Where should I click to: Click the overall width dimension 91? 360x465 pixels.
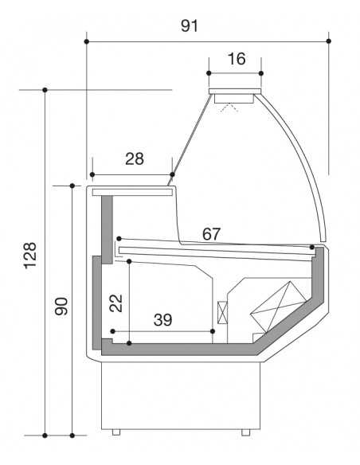(189, 25)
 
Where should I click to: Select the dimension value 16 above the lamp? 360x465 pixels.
(236, 59)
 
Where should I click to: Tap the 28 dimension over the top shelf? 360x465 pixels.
(135, 158)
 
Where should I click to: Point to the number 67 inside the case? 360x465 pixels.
(211, 233)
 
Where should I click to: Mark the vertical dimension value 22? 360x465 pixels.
(115, 302)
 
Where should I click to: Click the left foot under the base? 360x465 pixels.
(116, 432)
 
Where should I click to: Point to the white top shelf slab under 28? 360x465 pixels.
(132, 193)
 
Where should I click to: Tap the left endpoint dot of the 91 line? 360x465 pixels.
(86, 40)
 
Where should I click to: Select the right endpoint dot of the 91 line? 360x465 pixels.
(329, 40)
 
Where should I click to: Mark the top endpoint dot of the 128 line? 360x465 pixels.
(45, 90)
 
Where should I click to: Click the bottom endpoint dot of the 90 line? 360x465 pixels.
(73, 436)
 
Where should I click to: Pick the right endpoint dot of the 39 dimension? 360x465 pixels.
(213, 330)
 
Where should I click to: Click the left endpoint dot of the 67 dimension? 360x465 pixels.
(119, 238)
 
